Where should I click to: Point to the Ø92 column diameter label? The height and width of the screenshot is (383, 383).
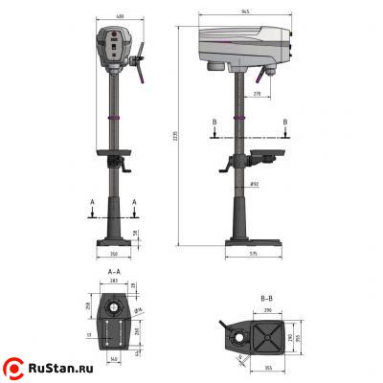[x=256, y=183]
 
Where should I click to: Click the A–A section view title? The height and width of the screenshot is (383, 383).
[x=114, y=272]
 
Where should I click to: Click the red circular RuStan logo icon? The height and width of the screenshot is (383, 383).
[x=15, y=367]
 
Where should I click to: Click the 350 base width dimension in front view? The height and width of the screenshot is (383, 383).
[x=114, y=256]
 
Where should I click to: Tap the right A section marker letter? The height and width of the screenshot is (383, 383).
[x=134, y=203]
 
